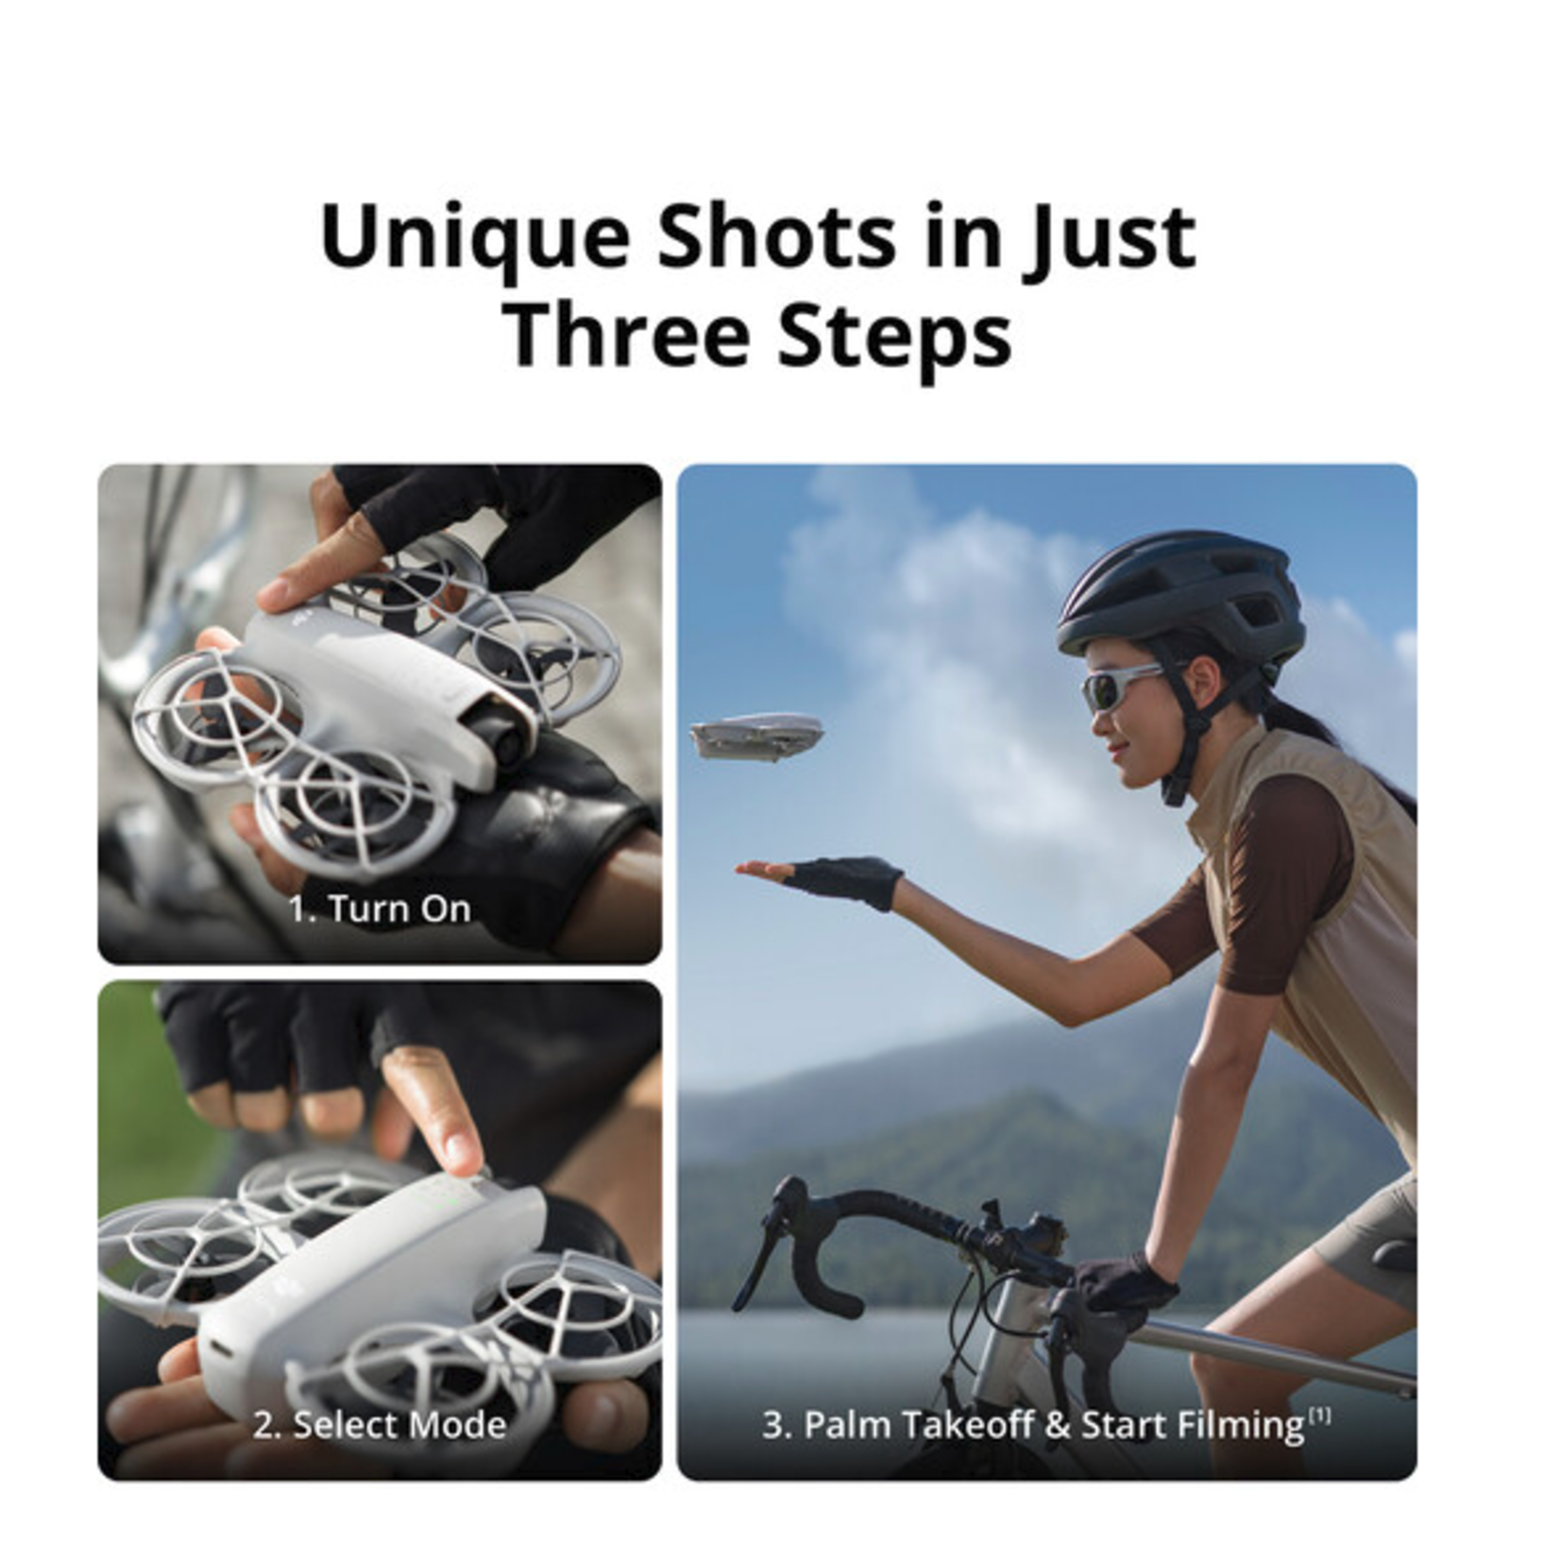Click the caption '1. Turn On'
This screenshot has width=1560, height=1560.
(380, 909)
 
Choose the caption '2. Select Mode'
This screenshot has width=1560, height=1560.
(380, 1425)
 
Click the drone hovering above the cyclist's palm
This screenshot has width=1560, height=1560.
(756, 736)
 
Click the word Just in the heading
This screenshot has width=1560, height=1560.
(1112, 236)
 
